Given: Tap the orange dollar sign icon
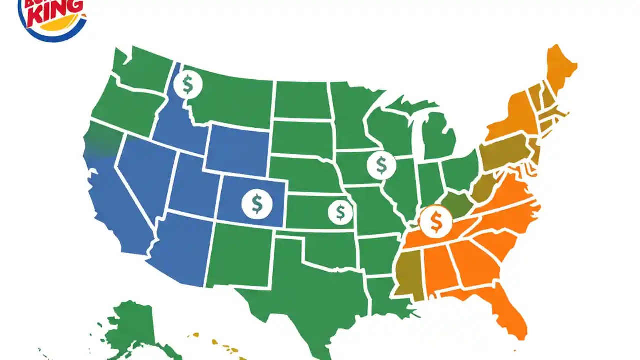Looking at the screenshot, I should click(x=435, y=222).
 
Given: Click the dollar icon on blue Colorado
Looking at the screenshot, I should click(x=257, y=203).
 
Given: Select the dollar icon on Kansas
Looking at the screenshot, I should click(x=340, y=212).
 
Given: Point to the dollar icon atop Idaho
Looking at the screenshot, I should click(x=188, y=84).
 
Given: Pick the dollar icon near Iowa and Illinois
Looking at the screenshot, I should click(x=381, y=165).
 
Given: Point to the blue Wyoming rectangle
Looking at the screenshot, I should click(x=237, y=150).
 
